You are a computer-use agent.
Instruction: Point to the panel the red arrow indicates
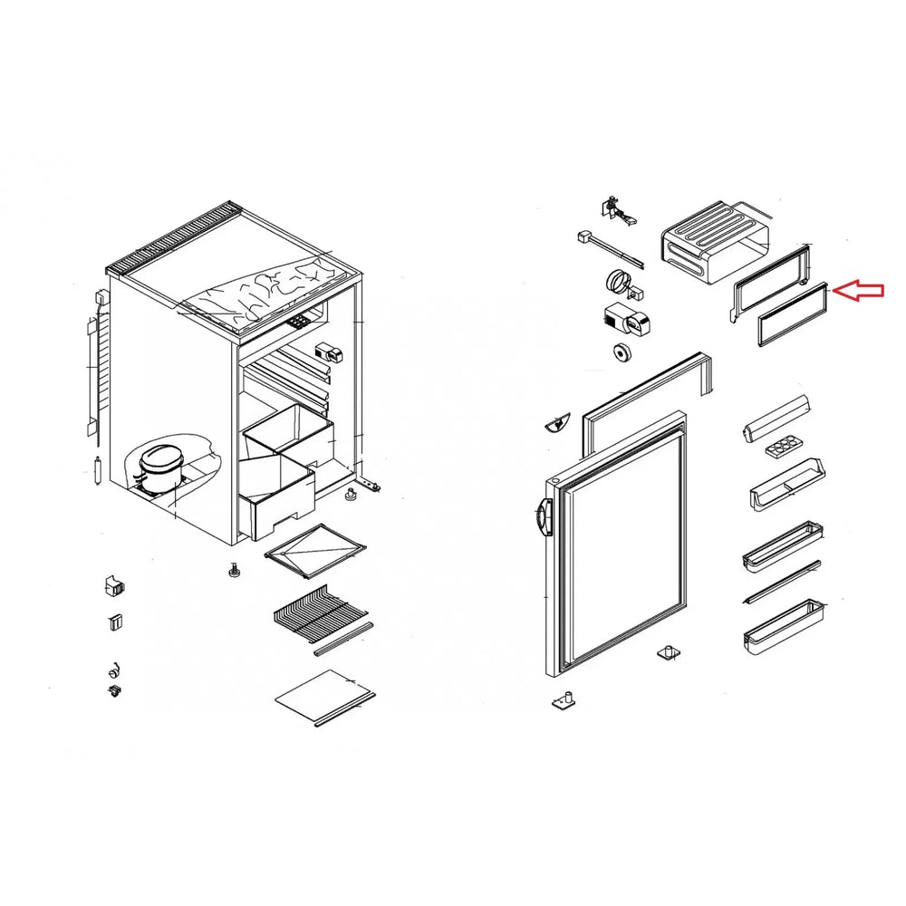point(792,313)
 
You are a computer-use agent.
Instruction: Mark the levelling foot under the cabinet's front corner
point(234,572)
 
